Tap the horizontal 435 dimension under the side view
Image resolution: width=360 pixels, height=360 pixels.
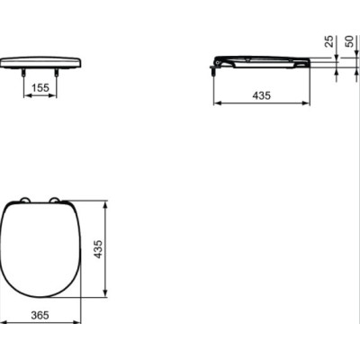260,94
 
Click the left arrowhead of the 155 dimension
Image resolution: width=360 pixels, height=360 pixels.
23,99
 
